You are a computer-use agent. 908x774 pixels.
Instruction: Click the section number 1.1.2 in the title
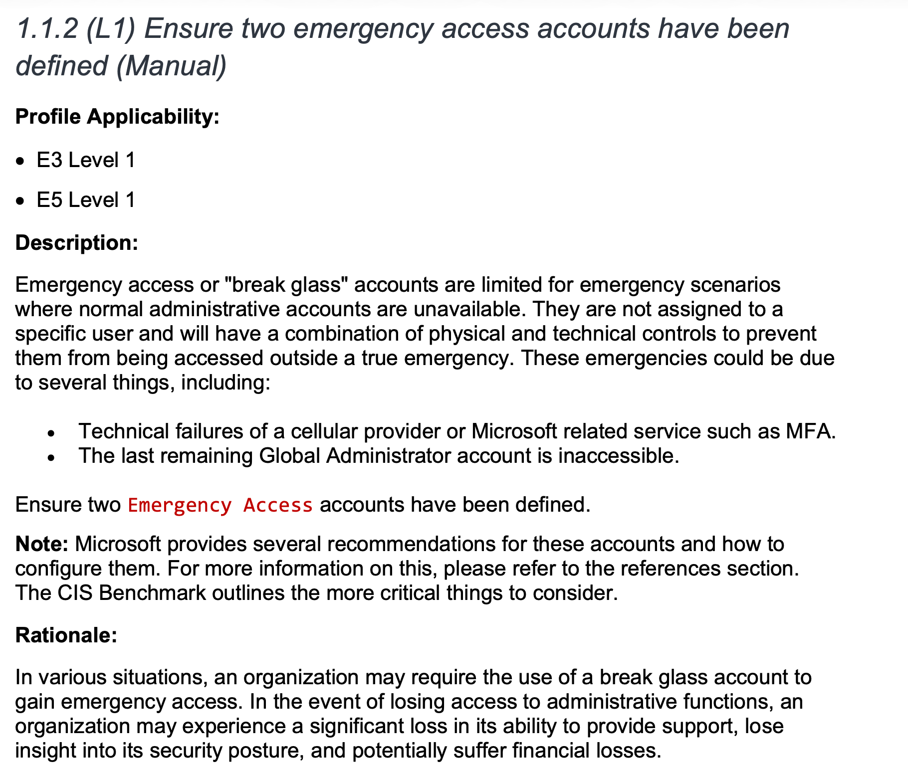(x=47, y=29)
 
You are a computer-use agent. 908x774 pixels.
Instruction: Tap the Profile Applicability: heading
(x=117, y=117)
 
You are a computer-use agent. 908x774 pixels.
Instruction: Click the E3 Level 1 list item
(x=86, y=161)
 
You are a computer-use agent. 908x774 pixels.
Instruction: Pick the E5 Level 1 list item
(x=86, y=200)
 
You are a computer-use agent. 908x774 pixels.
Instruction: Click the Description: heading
(x=77, y=243)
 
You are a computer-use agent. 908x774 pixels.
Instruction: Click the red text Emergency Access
(x=220, y=505)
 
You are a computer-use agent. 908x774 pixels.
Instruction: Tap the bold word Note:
(x=42, y=544)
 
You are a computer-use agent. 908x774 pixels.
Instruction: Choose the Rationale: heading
(x=66, y=635)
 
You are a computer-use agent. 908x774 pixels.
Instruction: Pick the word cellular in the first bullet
(x=324, y=431)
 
